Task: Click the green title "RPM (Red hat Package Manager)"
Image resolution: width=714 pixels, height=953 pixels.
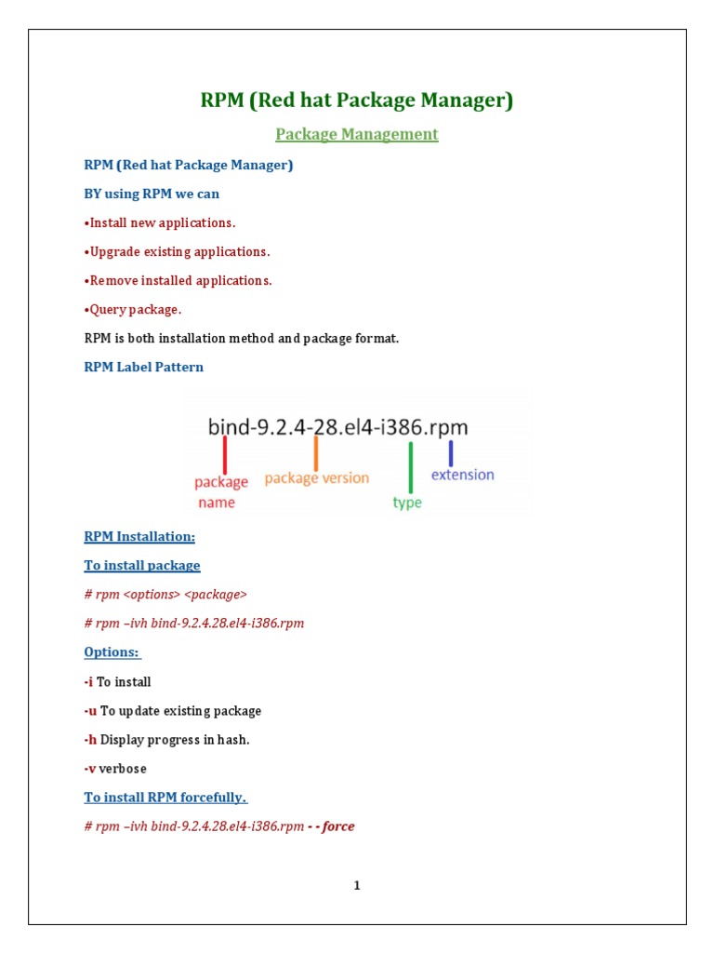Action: point(357,101)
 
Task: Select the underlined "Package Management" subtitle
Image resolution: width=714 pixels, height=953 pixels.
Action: point(357,134)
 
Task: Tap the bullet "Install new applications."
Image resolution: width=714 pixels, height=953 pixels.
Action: point(160,222)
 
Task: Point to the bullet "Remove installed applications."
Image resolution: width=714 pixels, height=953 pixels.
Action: point(178,280)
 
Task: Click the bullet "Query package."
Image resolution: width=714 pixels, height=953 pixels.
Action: point(133,309)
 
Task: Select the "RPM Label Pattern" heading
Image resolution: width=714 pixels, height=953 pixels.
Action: point(144,367)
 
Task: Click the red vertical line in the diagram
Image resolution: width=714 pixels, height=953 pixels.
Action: point(225,456)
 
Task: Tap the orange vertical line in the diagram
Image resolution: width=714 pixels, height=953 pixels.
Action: point(316,453)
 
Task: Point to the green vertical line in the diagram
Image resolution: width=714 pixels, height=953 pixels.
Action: point(410,467)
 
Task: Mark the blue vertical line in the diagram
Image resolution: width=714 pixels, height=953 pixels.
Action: point(451,452)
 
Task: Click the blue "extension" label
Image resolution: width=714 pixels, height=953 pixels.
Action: point(463,475)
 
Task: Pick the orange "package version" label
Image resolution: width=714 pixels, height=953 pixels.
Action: point(317,478)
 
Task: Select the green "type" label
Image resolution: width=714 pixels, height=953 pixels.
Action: point(407,503)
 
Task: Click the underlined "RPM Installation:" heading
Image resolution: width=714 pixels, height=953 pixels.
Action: point(139,536)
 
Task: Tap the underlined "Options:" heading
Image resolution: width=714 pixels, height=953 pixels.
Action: point(112,652)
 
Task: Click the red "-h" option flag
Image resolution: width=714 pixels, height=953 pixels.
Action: point(90,739)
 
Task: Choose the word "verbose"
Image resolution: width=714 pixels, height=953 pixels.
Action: point(123,769)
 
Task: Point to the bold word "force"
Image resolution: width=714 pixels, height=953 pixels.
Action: point(339,826)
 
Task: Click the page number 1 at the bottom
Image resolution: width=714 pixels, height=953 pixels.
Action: point(357,885)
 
